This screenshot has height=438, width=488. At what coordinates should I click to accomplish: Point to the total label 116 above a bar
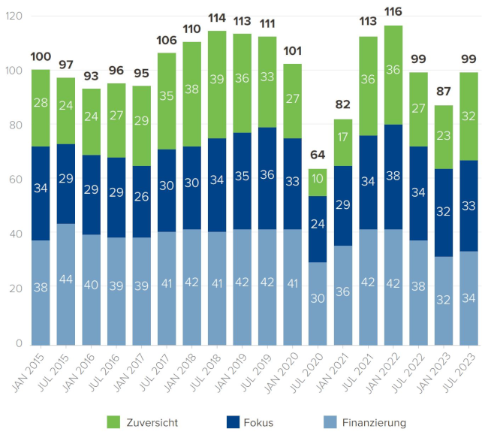[393, 13]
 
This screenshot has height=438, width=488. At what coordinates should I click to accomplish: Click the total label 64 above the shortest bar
[318, 156]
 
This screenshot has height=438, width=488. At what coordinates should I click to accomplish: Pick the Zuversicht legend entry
[143, 422]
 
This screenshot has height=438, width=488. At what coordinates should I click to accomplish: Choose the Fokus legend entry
[247, 422]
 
